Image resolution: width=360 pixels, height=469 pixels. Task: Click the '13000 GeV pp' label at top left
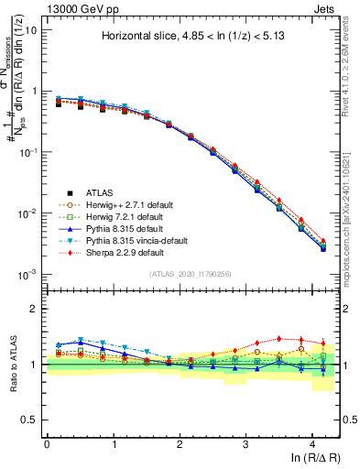pyautogui.click(x=76, y=7)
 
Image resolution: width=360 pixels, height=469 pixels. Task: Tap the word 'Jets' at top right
pyautogui.click(x=325, y=7)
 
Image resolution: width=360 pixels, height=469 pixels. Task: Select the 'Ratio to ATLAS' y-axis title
pyautogui.click(x=13, y=365)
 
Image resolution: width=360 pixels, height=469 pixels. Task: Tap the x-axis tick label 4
pyautogui.click(x=312, y=442)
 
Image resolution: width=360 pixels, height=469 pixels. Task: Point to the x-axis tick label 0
pyautogui.click(x=47, y=442)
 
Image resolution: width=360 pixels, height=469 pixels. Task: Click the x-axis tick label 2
pyautogui.click(x=180, y=442)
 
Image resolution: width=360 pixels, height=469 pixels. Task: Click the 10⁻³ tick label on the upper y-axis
pyautogui.click(x=27, y=275)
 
